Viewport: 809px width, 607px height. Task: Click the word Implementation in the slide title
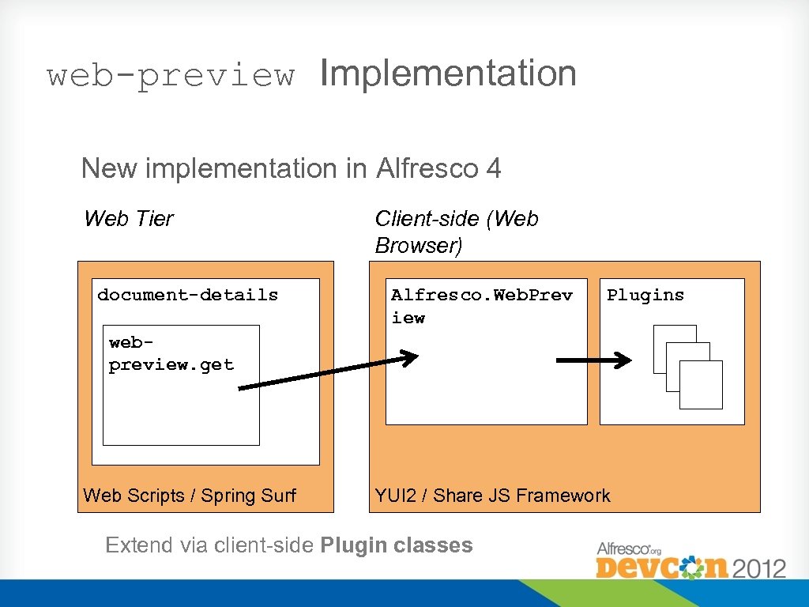pyautogui.click(x=448, y=74)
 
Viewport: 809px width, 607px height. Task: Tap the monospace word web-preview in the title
pyautogui.click(x=171, y=76)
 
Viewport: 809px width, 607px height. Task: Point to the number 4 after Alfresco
pyautogui.click(x=494, y=168)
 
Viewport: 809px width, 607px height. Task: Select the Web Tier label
pyautogui.click(x=128, y=218)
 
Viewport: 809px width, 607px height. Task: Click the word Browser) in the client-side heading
pyautogui.click(x=418, y=246)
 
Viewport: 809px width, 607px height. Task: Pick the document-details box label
pyautogui.click(x=187, y=295)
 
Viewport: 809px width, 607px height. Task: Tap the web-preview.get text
pyautogui.click(x=171, y=354)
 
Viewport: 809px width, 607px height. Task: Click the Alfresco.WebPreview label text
pyautogui.click(x=480, y=306)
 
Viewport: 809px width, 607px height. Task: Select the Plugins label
pyautogui.click(x=645, y=295)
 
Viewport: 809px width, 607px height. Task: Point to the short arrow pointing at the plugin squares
pyautogui.click(x=593, y=360)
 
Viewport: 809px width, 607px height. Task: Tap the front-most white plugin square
pyautogui.click(x=701, y=385)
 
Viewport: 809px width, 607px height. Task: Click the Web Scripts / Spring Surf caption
pyautogui.click(x=189, y=496)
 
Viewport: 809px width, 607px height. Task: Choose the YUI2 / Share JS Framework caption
pyautogui.click(x=492, y=496)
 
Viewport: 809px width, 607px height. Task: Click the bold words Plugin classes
pyautogui.click(x=397, y=545)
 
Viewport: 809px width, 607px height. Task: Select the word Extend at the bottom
pyautogui.click(x=129, y=545)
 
